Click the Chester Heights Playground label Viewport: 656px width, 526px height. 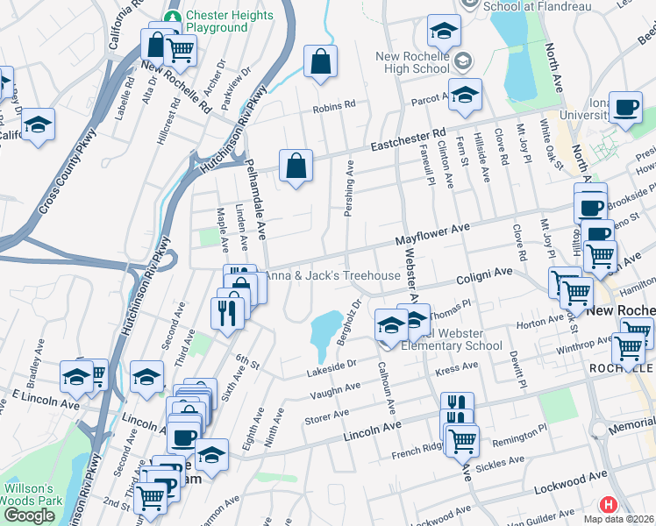coord(217,22)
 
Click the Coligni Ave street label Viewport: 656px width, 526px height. coord(483,276)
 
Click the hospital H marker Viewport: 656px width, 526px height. coord(607,505)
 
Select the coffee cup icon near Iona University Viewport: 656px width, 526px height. coord(626,108)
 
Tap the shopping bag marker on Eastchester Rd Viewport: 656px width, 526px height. coord(296,165)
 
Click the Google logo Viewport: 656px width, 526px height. coord(28,515)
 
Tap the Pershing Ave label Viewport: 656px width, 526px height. coord(349,188)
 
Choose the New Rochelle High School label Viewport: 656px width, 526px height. coord(412,62)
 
